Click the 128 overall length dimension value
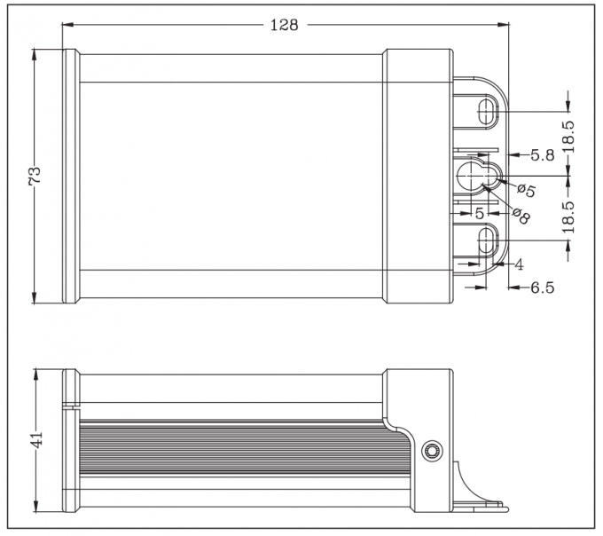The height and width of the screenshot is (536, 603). tap(284, 25)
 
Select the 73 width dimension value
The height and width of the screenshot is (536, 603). tap(35, 176)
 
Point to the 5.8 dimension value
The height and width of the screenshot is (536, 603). tap(543, 154)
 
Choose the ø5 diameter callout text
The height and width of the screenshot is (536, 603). tap(525, 190)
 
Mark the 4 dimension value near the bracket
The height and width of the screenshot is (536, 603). tap(519, 264)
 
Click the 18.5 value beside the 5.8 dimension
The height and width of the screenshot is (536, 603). tap(568, 138)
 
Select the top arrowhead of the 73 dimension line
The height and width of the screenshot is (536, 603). tap(35, 51)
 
